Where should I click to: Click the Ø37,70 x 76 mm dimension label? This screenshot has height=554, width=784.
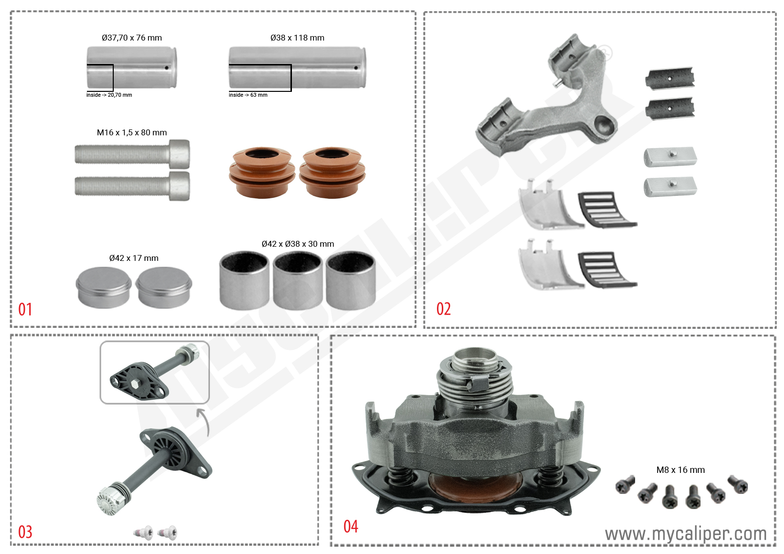coord(132,38)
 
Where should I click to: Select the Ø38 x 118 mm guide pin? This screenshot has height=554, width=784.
coord(297,67)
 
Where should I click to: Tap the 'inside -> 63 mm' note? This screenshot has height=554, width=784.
coord(248,95)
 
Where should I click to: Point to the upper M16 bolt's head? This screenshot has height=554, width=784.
coord(179,154)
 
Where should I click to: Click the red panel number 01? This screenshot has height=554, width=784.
coord(25,309)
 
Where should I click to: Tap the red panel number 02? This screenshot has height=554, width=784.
coord(443,309)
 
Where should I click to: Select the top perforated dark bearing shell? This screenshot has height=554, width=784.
coord(670,78)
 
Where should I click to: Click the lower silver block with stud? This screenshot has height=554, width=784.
coord(670,187)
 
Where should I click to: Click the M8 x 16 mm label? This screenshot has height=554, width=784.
coord(680,470)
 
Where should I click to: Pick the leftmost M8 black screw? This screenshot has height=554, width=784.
coord(625,485)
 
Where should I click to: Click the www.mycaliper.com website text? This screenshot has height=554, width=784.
coord(685,534)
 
